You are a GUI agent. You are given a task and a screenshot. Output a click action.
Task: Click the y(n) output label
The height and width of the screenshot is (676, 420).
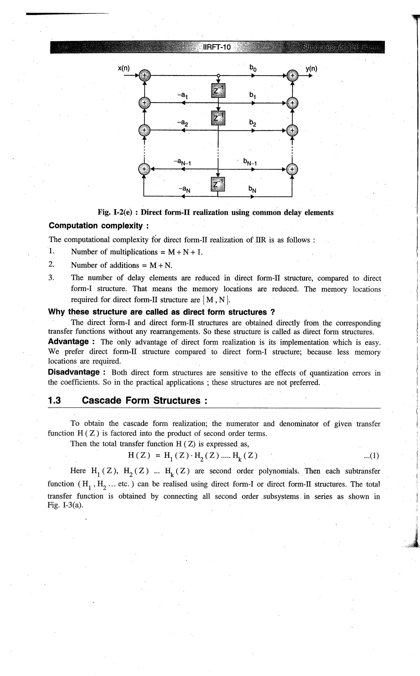(x=311, y=69)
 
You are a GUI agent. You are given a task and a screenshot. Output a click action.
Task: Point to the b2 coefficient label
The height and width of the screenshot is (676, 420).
(x=252, y=122)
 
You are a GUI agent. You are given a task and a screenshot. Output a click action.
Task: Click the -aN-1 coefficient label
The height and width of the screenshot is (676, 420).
(x=182, y=161)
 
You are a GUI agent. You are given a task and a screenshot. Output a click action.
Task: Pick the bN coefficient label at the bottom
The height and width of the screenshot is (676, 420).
(x=252, y=190)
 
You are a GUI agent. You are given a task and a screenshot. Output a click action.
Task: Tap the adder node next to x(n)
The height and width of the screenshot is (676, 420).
(x=144, y=75)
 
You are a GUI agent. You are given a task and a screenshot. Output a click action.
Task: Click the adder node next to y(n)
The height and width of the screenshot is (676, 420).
(x=292, y=75)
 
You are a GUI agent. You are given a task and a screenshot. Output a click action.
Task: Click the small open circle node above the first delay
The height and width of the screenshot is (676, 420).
(x=218, y=75)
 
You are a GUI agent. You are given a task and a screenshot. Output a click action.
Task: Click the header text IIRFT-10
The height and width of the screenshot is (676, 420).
(x=217, y=47)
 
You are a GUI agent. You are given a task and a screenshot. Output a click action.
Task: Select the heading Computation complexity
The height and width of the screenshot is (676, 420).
(x=99, y=226)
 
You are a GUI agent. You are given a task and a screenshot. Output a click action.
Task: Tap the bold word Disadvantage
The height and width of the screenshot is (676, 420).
(x=78, y=372)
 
